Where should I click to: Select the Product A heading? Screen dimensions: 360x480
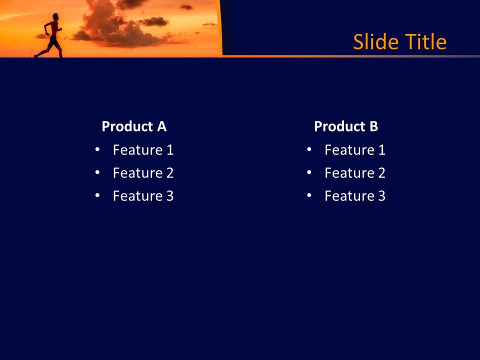pyautogui.click(x=134, y=126)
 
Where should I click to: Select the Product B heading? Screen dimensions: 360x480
pyautogui.click(x=346, y=126)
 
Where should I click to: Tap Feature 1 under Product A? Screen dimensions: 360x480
pyautogui.click(x=143, y=150)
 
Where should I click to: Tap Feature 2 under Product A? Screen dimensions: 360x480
pyautogui.click(x=143, y=173)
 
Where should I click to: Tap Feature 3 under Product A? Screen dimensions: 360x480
pyautogui.click(x=143, y=196)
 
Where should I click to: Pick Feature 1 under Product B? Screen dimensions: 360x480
pyautogui.click(x=355, y=150)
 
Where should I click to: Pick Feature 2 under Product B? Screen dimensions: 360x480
pyautogui.click(x=355, y=173)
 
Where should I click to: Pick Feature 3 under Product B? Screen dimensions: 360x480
pyautogui.click(x=355, y=196)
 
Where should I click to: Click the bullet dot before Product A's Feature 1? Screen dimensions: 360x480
pyautogui.click(x=97, y=149)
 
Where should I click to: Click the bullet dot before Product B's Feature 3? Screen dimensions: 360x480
pyautogui.click(x=309, y=195)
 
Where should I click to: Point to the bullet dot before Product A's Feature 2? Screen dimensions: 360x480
pyautogui.click(x=97, y=172)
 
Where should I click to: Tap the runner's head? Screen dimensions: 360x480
pyautogui.click(x=55, y=16)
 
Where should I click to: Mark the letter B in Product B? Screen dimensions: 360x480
pyautogui.click(x=374, y=126)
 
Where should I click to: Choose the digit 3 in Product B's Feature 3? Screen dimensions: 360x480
pyautogui.click(x=382, y=196)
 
